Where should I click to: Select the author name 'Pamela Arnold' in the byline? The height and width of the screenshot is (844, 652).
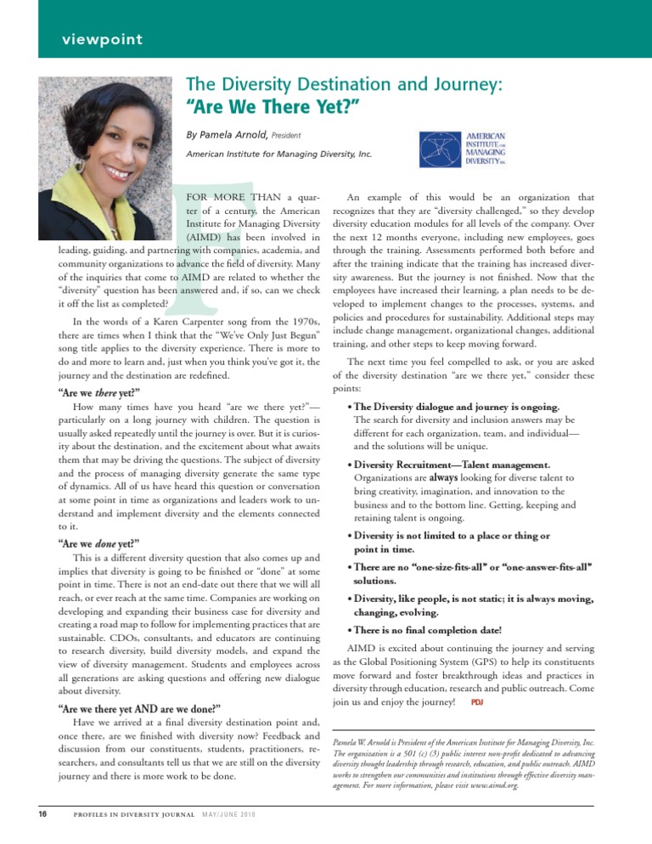242,134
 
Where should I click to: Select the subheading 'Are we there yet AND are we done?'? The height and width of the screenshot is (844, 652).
139,707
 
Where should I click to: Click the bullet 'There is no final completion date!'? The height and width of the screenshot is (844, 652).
428,630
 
